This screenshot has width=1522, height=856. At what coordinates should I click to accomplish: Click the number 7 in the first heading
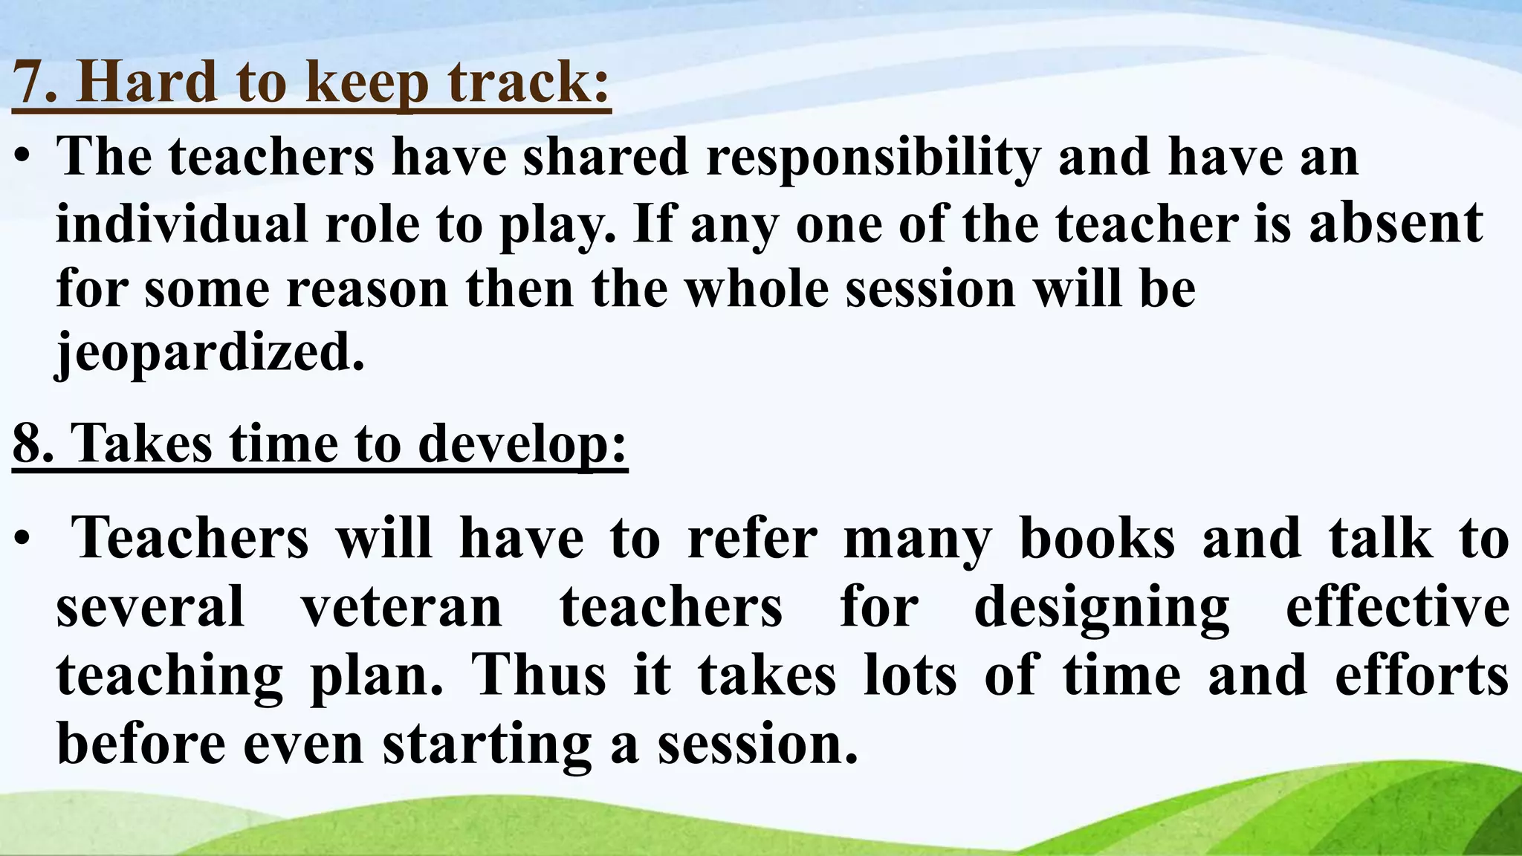pos(28,81)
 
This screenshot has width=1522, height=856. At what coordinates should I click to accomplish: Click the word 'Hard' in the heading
pos(147,81)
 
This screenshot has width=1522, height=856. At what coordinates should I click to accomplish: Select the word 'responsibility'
pos(873,158)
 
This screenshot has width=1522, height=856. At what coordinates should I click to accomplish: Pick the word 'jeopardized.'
pos(210,352)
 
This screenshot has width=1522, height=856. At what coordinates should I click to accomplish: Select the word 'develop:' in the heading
pos(522,444)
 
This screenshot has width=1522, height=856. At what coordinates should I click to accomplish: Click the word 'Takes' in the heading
pos(141,444)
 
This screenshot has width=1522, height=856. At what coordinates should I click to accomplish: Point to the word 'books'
pos(1098,538)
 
